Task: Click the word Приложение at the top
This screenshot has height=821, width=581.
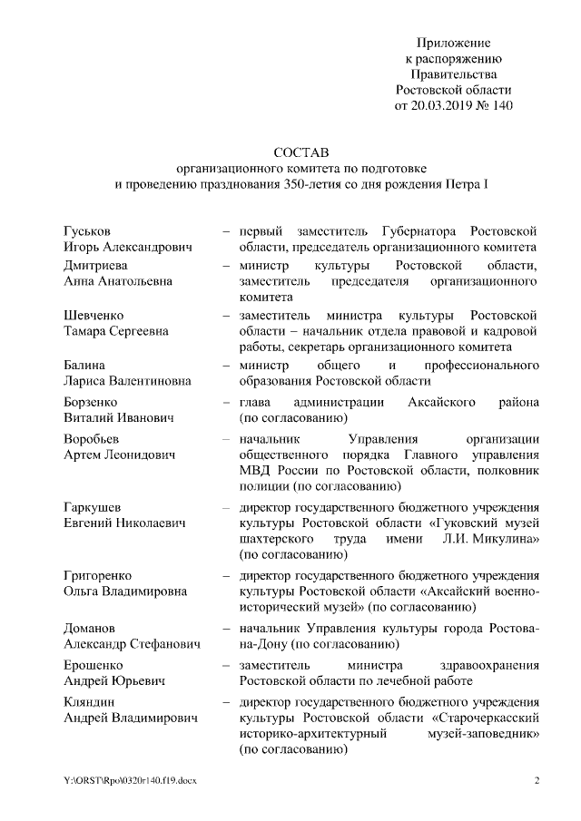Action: [454, 44]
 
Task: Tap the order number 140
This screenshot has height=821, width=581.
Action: [501, 105]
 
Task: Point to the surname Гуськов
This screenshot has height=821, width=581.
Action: [88, 230]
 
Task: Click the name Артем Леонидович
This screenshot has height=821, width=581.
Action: [119, 454]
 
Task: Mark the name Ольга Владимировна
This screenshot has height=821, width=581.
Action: [125, 591]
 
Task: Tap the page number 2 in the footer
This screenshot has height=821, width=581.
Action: [537, 781]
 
